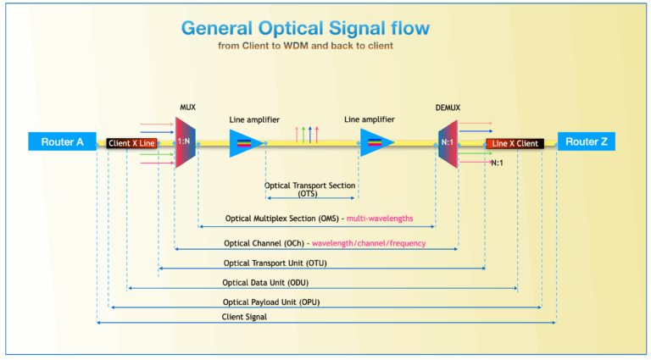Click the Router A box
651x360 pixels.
click(x=62, y=141)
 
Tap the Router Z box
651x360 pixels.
click(x=587, y=141)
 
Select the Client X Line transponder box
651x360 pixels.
click(x=131, y=143)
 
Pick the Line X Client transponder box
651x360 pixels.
click(x=515, y=143)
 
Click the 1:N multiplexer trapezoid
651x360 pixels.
click(x=185, y=141)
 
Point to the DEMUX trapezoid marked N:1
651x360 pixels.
click(x=448, y=143)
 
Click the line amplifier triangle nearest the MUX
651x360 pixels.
click(x=246, y=143)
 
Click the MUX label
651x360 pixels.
click(x=187, y=108)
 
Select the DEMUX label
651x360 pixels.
click(x=448, y=108)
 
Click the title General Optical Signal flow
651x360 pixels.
click(x=305, y=28)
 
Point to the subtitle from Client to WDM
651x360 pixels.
click(x=305, y=46)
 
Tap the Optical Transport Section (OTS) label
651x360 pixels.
click(x=309, y=189)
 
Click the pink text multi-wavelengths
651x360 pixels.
click(x=380, y=219)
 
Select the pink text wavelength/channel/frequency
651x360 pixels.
click(x=369, y=243)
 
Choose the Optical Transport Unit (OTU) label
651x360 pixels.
click(x=275, y=263)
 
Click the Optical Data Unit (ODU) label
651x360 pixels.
click(x=265, y=283)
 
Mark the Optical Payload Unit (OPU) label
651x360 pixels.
click(x=271, y=302)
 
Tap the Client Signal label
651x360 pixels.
click(x=244, y=317)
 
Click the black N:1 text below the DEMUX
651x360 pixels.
click(x=497, y=163)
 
